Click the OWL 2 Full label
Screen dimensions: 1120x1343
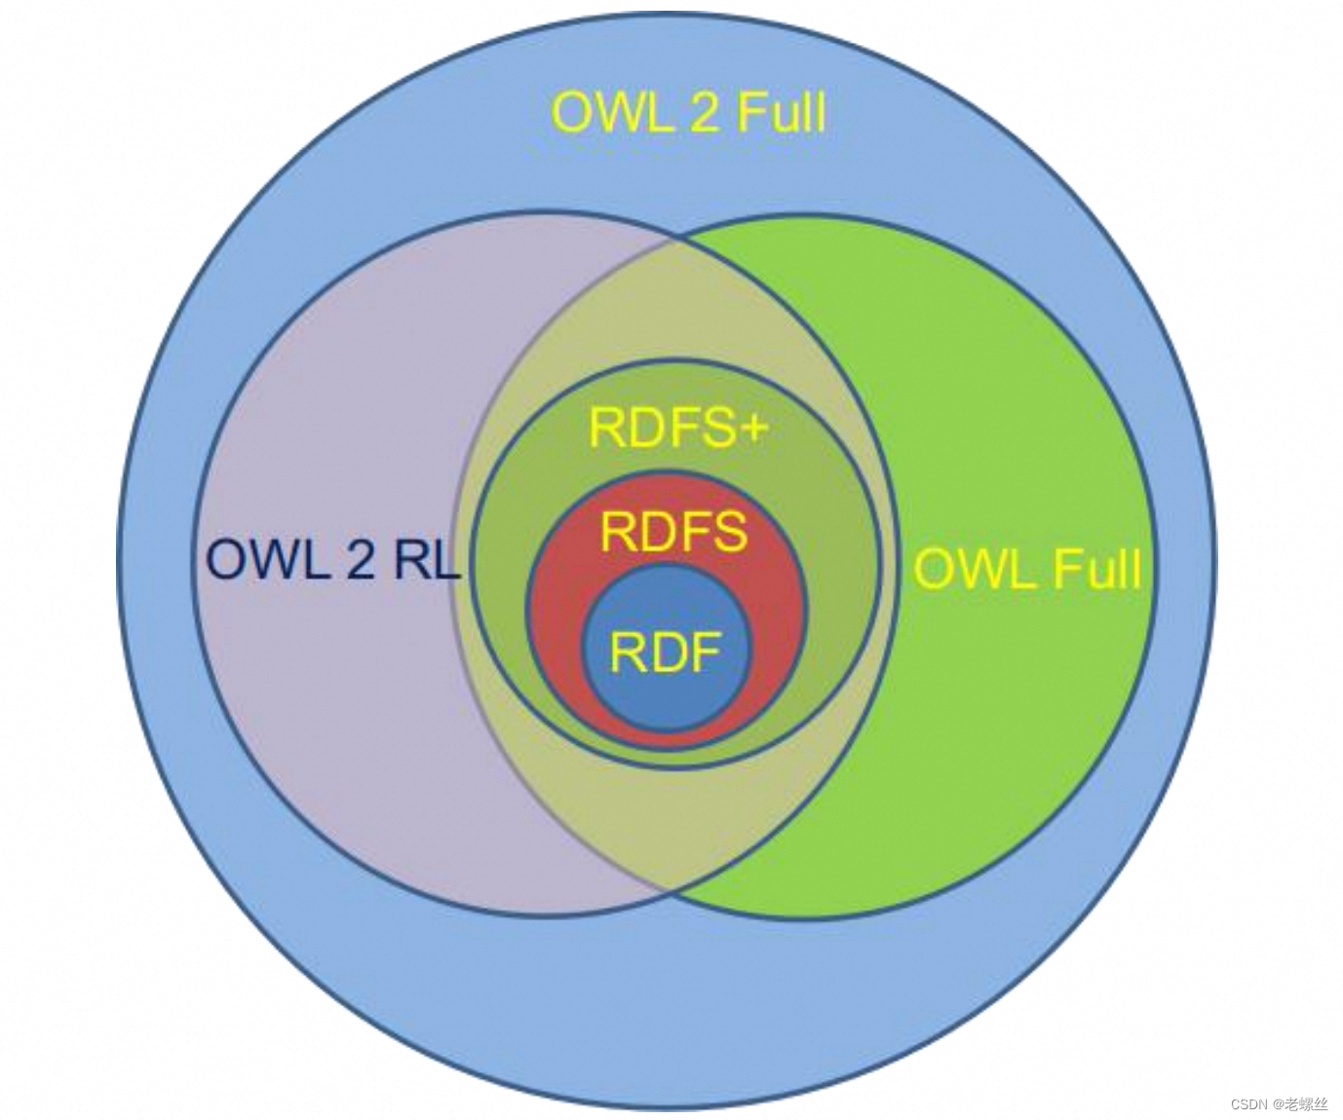coord(689,112)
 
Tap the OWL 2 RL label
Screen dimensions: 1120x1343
coord(332,560)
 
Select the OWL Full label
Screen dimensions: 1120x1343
coord(1027,568)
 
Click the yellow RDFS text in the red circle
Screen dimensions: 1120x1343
coord(673,531)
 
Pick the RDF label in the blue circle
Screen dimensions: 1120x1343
coord(665,652)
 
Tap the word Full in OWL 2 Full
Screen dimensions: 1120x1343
coord(781,112)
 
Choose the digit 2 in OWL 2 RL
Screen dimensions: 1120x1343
coord(358,561)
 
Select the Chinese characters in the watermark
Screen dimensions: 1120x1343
coord(1306,1103)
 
